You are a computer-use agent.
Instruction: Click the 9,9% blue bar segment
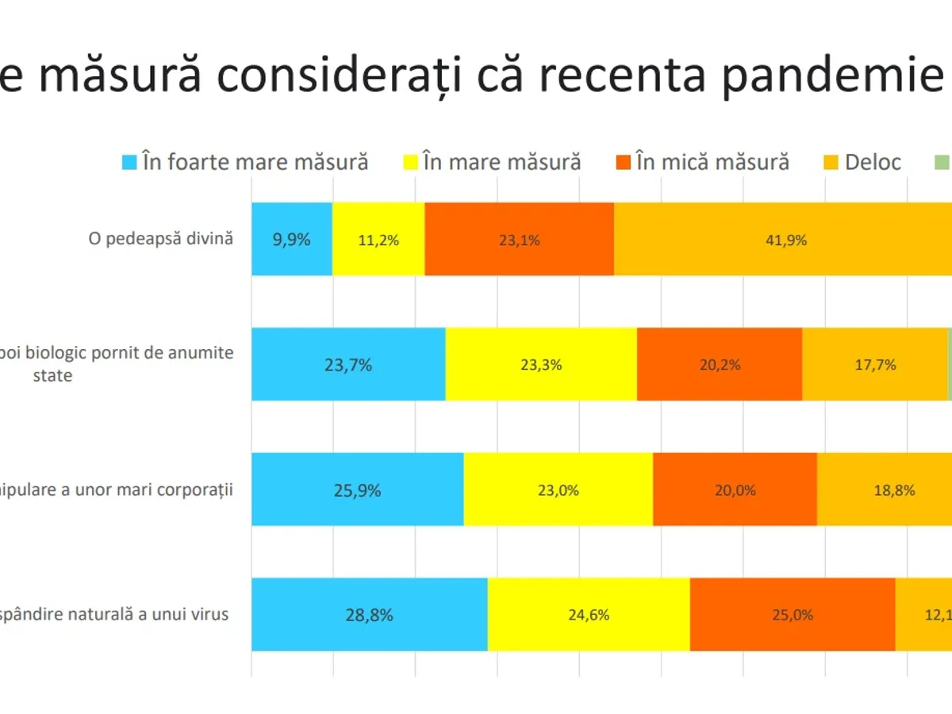click(292, 239)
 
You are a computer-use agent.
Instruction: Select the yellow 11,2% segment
click(378, 239)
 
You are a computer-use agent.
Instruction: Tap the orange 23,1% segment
click(519, 239)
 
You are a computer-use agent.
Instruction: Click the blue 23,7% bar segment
click(348, 364)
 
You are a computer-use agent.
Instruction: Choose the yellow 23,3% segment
click(541, 364)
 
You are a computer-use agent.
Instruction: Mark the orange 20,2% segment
click(720, 364)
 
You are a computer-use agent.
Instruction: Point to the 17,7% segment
click(875, 364)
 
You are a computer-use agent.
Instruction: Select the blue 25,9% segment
click(358, 489)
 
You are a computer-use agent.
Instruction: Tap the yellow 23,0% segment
click(559, 489)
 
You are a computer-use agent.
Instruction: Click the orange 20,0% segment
click(735, 489)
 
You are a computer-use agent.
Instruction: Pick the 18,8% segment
click(885, 489)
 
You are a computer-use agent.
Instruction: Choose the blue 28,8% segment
click(370, 615)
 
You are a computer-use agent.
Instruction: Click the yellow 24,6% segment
click(589, 615)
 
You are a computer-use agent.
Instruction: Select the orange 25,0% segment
click(793, 615)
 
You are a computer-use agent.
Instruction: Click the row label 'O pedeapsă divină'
click(160, 238)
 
